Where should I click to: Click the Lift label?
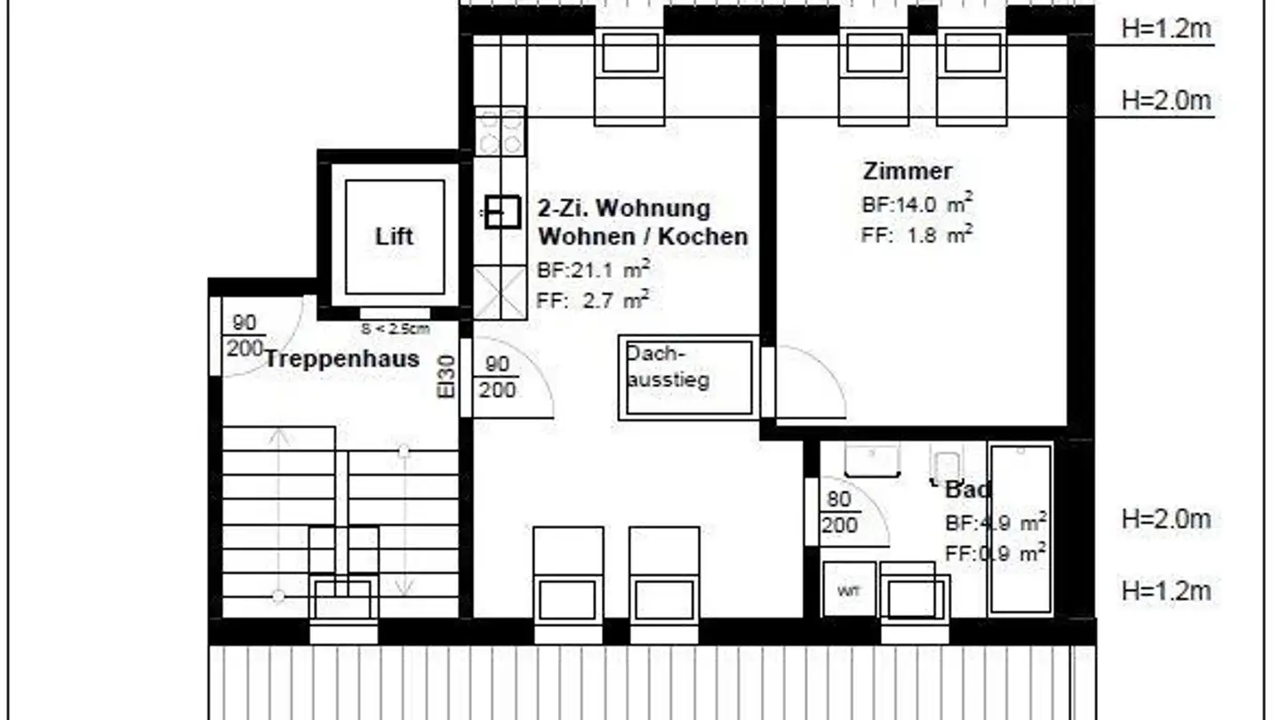(394, 236)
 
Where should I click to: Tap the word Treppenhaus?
(341, 359)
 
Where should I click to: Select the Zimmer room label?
(907, 171)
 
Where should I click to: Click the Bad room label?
(967, 489)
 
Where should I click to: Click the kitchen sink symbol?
(501, 212)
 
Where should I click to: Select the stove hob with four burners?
(500, 132)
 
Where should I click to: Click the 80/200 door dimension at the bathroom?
(839, 512)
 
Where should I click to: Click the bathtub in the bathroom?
(1020, 529)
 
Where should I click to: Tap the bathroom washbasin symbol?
(872, 459)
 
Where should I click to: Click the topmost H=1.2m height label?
(1165, 28)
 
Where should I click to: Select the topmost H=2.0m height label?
(1165, 100)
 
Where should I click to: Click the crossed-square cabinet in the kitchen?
(500, 292)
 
